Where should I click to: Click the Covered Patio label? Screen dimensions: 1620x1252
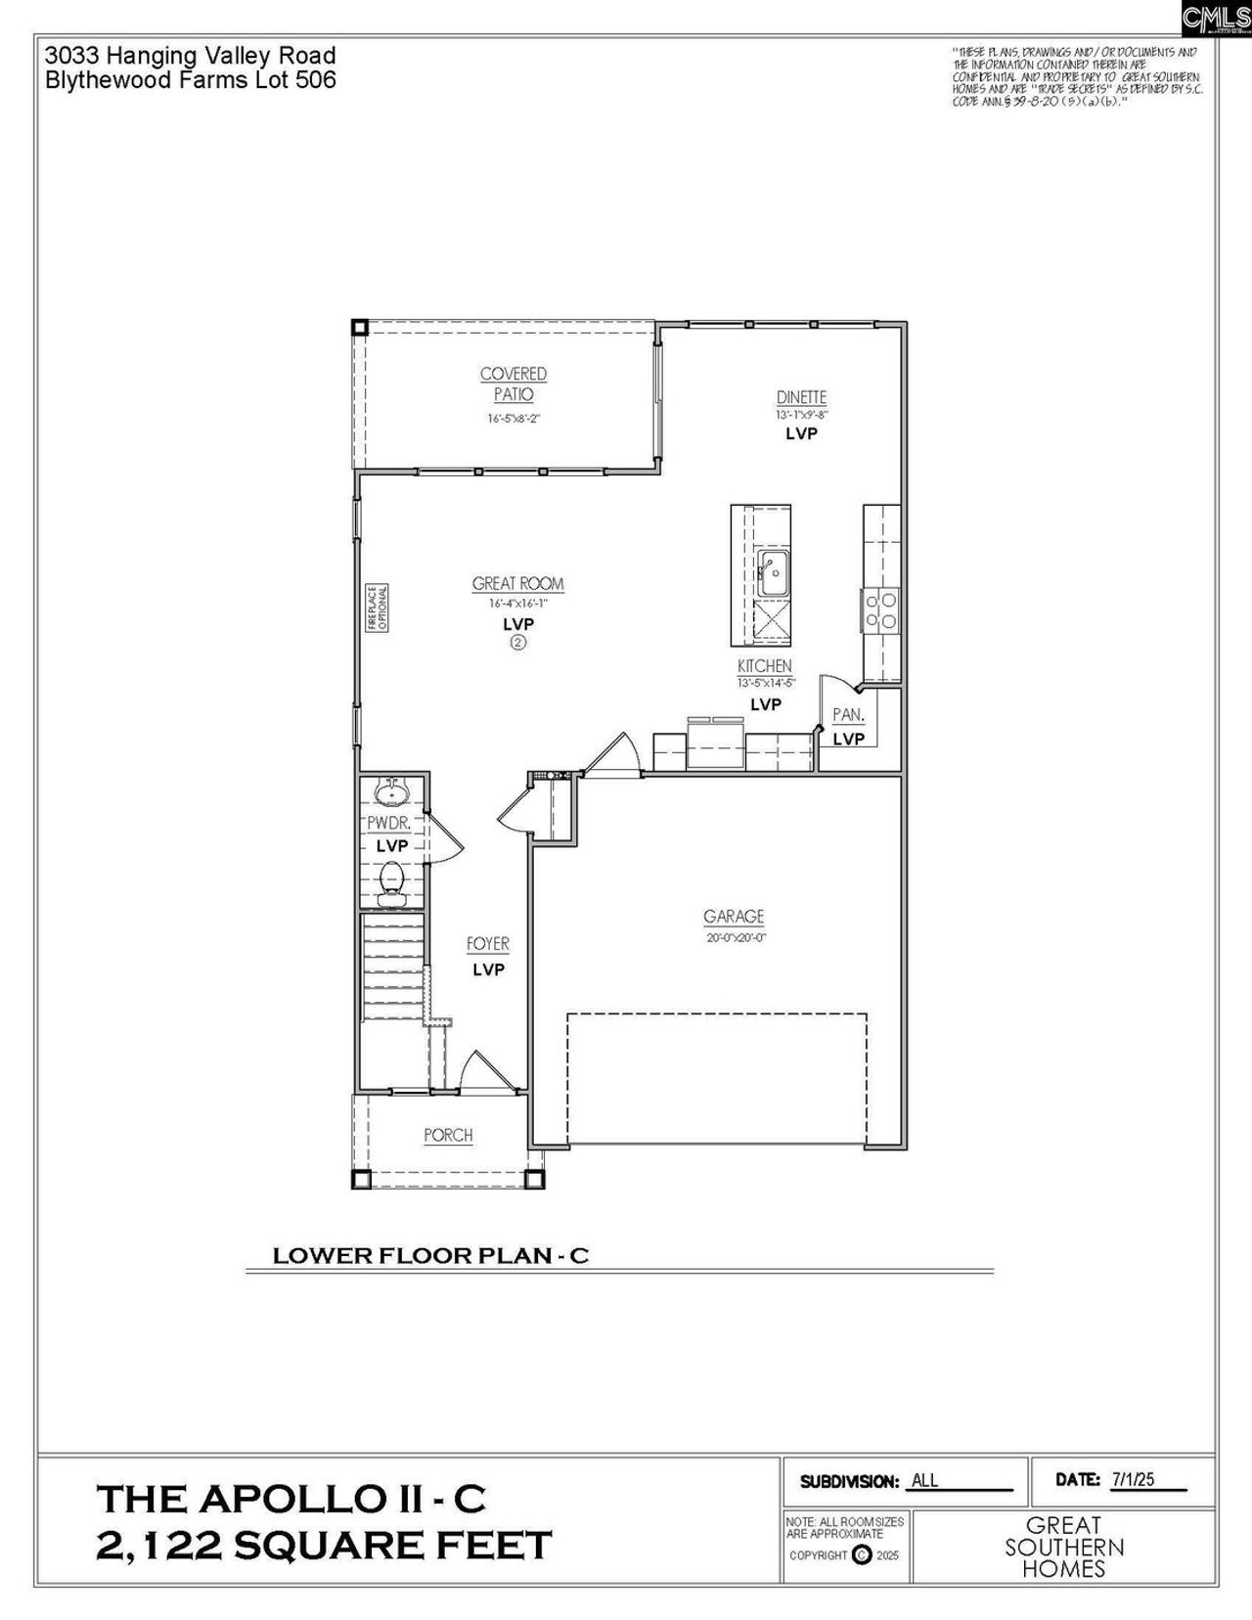514,383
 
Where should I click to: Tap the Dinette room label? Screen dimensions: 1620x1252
801,397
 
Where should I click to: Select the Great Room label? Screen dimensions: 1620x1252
517,584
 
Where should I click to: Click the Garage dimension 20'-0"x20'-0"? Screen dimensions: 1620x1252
736,937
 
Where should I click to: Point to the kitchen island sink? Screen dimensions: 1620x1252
773,573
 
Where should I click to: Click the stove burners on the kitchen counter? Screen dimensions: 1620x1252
880,609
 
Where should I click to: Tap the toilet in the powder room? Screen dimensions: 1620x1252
391,877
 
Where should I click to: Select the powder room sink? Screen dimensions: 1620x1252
392,788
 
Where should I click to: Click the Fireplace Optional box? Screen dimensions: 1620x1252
378,608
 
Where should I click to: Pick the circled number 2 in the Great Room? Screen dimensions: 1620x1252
517,643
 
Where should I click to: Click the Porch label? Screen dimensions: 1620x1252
448,1136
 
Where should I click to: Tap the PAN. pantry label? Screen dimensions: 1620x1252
848,715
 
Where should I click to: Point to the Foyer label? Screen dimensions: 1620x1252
488,944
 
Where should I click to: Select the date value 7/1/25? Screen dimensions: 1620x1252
1133,1479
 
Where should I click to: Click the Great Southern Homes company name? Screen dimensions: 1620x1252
1064,1547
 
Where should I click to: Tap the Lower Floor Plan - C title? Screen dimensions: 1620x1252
430,1256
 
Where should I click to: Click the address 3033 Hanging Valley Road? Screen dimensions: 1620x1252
191,56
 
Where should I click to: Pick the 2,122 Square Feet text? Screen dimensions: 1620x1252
324,1545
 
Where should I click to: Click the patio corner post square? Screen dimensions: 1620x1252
360,328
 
